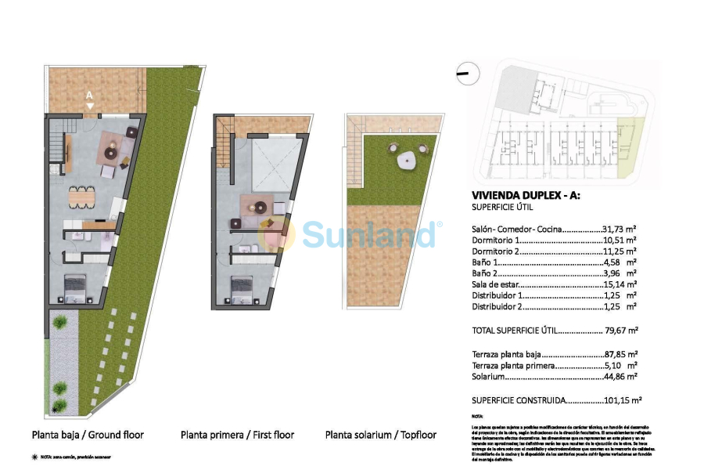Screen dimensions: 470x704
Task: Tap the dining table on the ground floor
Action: [x=81, y=197]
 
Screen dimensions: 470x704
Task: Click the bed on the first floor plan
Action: [x=243, y=290]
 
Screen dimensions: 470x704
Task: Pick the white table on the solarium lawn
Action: [x=407, y=161]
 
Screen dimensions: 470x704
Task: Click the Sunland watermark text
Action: [x=368, y=233]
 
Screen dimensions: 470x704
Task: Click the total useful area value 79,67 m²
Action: [x=622, y=331]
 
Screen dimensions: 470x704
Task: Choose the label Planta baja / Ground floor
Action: [x=88, y=434]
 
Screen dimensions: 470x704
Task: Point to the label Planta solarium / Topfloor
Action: [x=381, y=434]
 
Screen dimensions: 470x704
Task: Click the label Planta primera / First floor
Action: [x=237, y=434]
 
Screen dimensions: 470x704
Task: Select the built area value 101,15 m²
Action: [x=624, y=399]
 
